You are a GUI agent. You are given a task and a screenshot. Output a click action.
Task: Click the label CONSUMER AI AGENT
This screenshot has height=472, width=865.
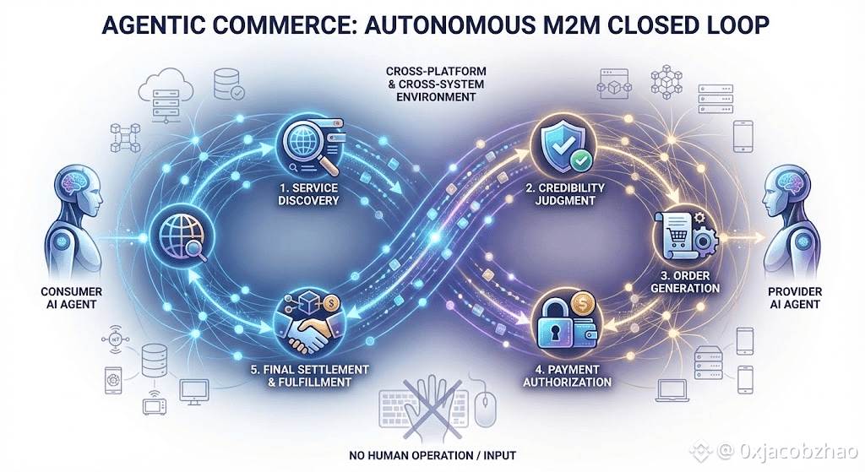click(x=72, y=298)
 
